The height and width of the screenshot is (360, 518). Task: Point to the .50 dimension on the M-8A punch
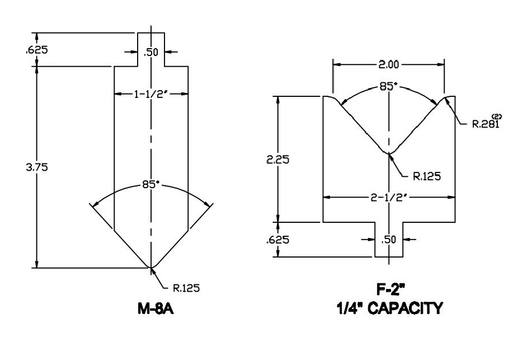(152, 52)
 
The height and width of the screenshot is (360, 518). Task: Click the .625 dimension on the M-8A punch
(37, 49)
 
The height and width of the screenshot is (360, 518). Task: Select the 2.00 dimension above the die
(388, 64)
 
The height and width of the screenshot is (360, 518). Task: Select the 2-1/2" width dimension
(388, 197)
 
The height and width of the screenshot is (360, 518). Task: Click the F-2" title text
(388, 290)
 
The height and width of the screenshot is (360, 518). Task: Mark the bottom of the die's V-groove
(389, 152)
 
